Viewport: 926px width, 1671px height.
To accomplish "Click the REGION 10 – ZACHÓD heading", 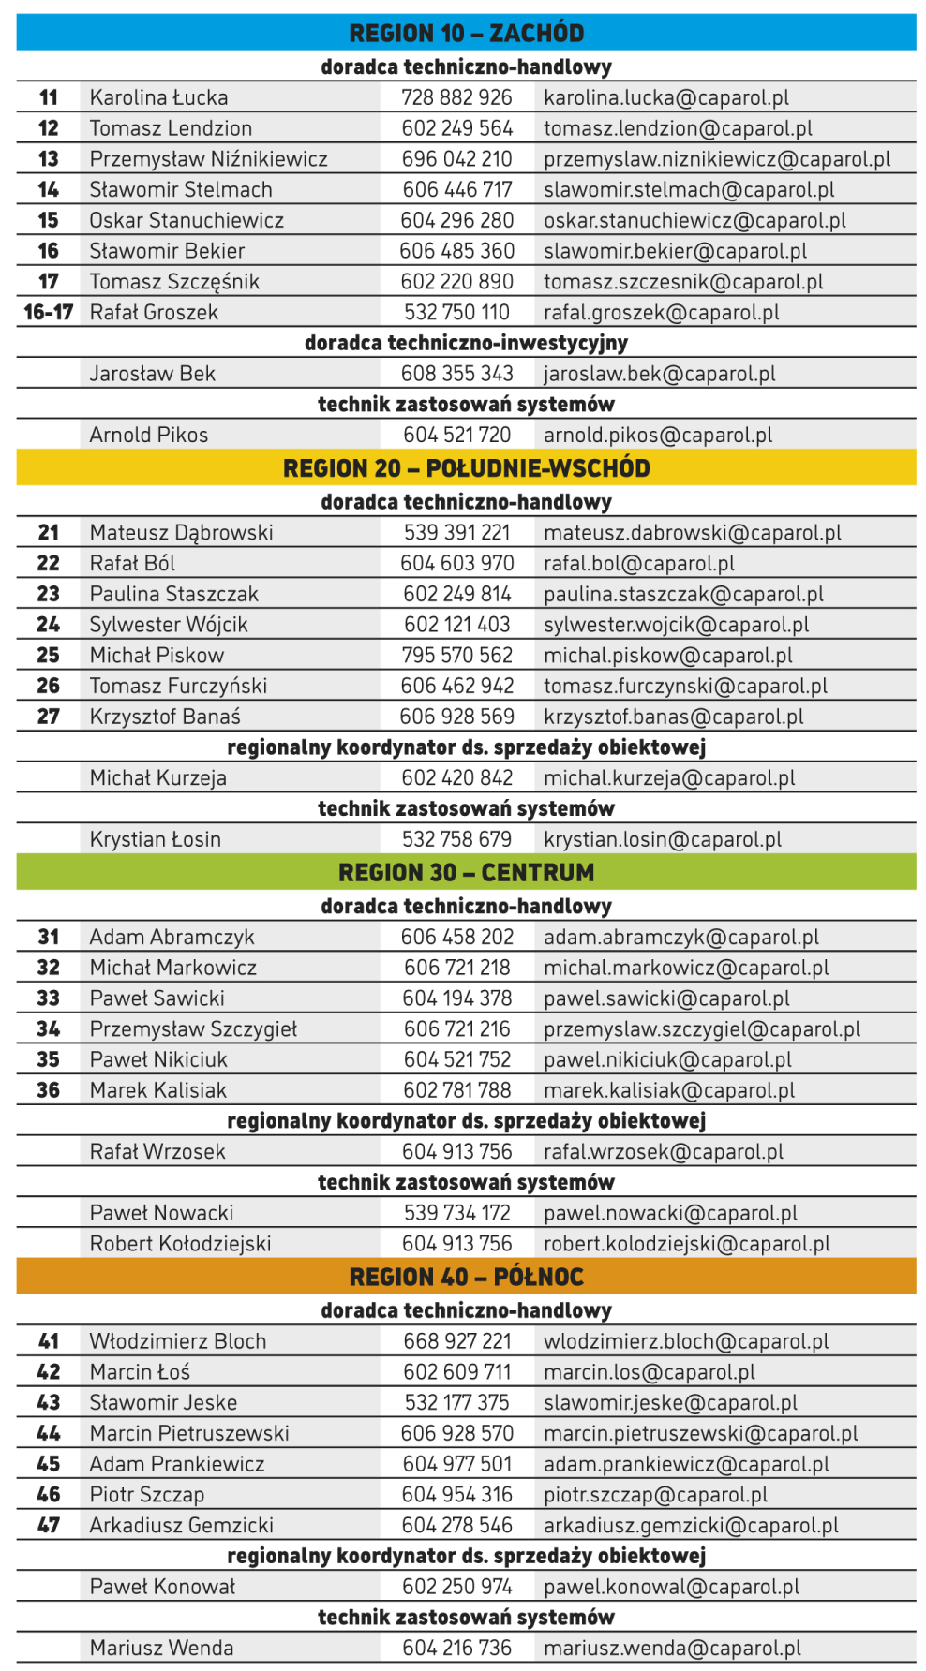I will (x=466, y=33).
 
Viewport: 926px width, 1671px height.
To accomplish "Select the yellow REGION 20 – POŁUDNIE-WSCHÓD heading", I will (x=466, y=468).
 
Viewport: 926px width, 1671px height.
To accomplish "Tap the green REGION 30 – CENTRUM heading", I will (x=466, y=873).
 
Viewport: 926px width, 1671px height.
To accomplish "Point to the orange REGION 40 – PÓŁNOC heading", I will (x=466, y=1277).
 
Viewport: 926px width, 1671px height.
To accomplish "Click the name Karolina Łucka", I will (x=158, y=97).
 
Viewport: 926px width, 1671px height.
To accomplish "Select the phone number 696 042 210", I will (x=457, y=159).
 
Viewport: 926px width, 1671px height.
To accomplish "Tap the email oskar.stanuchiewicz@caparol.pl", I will (x=694, y=220).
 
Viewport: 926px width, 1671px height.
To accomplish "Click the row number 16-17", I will (x=49, y=313).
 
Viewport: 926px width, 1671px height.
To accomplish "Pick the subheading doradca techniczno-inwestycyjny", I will (x=466, y=343).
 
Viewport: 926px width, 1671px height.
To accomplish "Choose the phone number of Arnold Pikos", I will (x=457, y=435).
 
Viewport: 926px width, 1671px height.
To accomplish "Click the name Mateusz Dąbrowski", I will (x=181, y=533).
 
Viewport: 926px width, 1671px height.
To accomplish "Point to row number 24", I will (x=49, y=625).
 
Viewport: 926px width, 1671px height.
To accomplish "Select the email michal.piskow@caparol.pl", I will (x=668, y=656).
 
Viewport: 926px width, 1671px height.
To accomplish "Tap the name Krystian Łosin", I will (x=155, y=839).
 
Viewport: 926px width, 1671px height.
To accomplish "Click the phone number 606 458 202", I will (x=457, y=938).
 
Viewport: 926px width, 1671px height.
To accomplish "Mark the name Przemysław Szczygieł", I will (x=193, y=1029).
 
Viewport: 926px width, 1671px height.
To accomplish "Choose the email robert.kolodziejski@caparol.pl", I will (x=687, y=1244).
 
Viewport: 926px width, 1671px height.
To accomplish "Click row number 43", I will (x=49, y=1403).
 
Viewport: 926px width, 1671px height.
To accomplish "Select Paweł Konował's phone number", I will (x=457, y=1587).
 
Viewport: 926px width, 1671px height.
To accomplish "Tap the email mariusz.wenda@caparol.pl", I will (x=672, y=1649).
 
